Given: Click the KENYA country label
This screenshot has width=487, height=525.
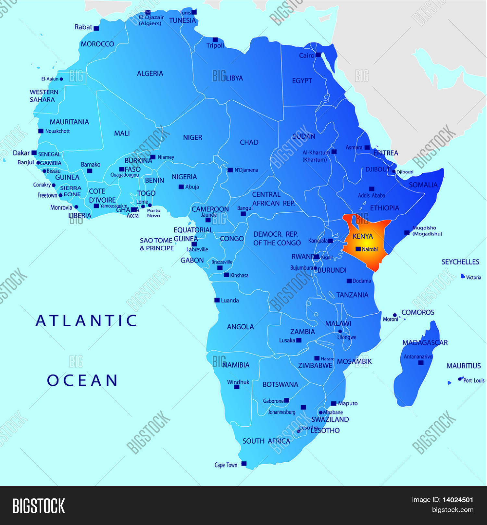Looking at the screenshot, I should point(363,236).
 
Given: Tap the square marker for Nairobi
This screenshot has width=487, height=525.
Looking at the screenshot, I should point(358,249).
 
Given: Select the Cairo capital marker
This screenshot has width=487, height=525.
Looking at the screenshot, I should point(318,55).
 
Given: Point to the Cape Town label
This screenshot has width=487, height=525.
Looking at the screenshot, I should point(226,465).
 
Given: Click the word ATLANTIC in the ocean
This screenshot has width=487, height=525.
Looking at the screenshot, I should point(86,321).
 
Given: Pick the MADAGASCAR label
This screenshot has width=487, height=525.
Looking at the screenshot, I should point(425,343).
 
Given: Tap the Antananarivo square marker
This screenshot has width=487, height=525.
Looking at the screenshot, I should point(421,363).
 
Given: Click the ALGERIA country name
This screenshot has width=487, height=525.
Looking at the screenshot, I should point(150,74).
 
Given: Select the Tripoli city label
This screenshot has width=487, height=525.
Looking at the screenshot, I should point(215,45).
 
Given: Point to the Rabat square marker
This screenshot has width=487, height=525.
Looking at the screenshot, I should point(96,29).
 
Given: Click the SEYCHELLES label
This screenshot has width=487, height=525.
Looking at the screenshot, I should point(460,262).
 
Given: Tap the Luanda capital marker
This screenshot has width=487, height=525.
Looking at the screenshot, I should point(217,300).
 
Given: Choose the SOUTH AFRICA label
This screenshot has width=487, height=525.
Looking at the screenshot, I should point(266,441).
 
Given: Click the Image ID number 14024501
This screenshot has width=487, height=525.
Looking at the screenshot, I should point(458,500).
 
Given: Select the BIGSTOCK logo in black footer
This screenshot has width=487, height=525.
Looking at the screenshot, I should point(39,506).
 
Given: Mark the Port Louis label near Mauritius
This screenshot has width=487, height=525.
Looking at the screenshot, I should point(474,381).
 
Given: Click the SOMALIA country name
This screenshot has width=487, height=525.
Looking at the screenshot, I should point(423,185).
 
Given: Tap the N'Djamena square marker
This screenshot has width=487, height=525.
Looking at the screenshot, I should point(230,170).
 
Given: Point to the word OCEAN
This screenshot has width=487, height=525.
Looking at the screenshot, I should point(82,381).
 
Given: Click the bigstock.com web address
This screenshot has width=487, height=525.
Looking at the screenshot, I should point(453,510).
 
